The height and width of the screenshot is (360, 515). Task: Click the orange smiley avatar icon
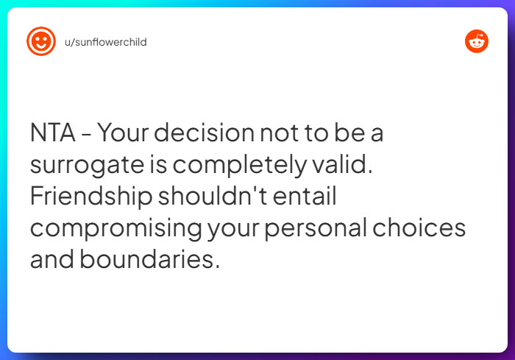[41, 41]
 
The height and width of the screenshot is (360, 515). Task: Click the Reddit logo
[477, 41]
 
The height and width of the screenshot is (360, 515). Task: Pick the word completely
[244, 166]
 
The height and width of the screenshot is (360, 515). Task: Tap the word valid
[347, 166]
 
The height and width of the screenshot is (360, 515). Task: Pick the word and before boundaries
[53, 259]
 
